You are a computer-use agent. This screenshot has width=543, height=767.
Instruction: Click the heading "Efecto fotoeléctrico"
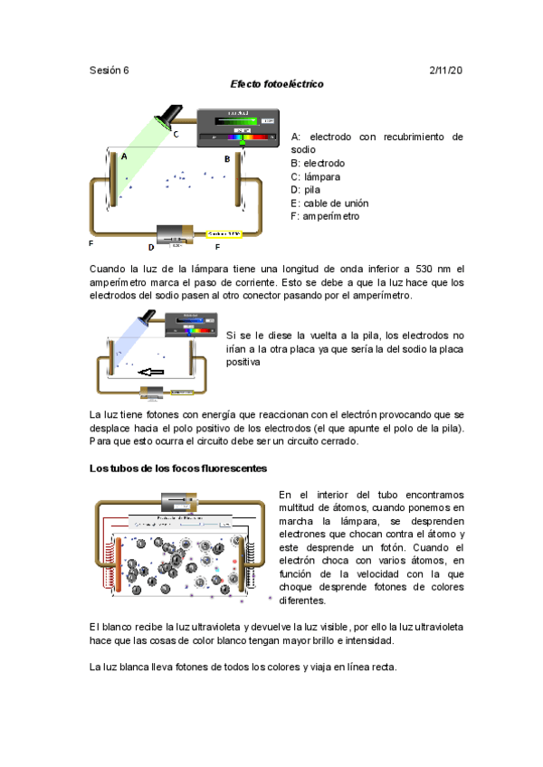tap(277, 84)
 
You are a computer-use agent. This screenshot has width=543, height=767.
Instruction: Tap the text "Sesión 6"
tap(110, 70)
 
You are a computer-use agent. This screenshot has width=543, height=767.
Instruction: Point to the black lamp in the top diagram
tap(168, 115)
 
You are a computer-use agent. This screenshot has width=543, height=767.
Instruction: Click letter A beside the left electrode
tap(124, 156)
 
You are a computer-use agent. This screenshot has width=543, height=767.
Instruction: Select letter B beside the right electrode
tap(228, 158)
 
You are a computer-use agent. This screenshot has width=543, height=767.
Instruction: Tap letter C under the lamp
tap(176, 135)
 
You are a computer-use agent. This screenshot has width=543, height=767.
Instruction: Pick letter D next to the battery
tap(151, 246)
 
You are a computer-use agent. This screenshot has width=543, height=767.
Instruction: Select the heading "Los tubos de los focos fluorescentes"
tap(177, 468)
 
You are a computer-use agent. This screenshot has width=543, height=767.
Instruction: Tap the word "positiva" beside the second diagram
tap(243, 362)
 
